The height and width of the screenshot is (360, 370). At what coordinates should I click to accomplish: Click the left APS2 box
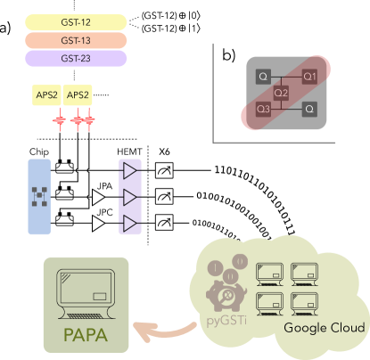(x=46, y=96)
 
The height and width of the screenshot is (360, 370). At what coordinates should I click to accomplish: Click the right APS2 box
(x=78, y=96)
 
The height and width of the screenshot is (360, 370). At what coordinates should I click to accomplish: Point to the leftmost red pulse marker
(x=61, y=119)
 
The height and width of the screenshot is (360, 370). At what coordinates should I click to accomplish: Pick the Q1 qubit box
(x=309, y=77)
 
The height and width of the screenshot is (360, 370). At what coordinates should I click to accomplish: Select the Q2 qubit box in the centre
(x=281, y=93)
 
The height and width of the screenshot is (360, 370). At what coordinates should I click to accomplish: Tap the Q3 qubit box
(x=263, y=109)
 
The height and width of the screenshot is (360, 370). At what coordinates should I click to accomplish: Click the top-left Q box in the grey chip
(x=263, y=77)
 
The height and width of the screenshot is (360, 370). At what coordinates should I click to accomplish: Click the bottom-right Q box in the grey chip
(x=309, y=109)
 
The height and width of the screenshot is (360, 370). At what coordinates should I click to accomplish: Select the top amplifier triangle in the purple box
(x=130, y=170)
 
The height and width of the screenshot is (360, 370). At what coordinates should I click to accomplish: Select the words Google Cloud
(x=324, y=329)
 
